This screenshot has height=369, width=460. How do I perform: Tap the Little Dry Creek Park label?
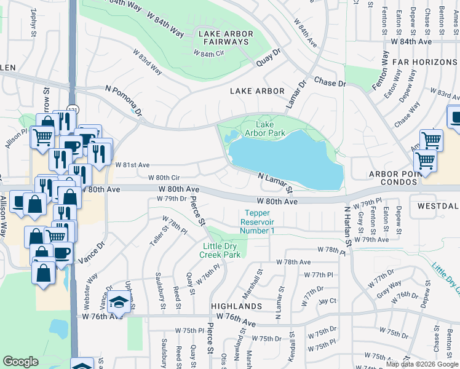coord(222,250)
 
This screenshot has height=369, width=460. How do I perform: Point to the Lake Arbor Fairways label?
coord(223,38)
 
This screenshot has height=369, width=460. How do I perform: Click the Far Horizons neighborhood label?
coord(426,62)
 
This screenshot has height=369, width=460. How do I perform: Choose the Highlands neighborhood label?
coord(237,306)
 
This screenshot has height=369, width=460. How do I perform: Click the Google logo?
coord(20,362)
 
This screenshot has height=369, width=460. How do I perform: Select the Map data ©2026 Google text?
coord(421,364)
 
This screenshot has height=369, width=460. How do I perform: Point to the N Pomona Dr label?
coord(124,100)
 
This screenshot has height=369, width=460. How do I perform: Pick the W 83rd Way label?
coord(148,61)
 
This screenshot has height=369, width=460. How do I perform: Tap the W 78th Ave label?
coord(293,262)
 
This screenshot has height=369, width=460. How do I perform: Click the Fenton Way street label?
coord(379,71)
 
